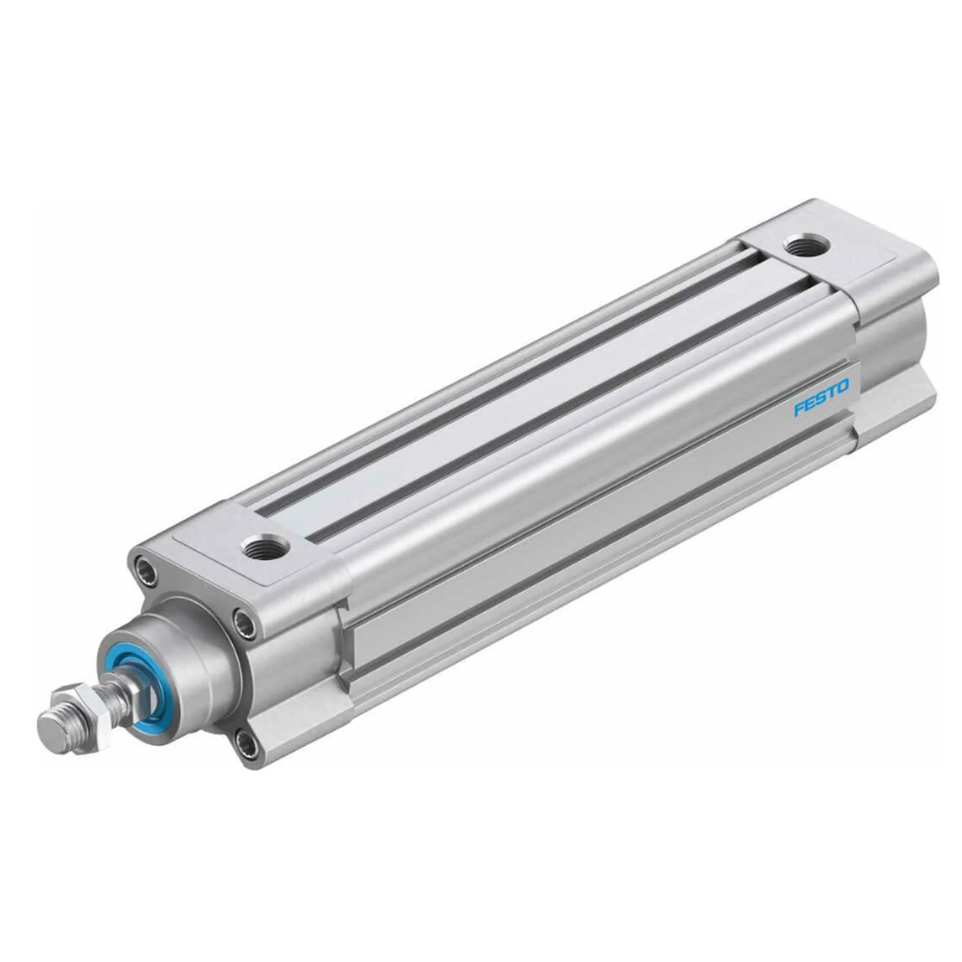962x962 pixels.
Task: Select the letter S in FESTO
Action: tap(822, 398)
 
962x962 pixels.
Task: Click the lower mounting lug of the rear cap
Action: tap(898, 410)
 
